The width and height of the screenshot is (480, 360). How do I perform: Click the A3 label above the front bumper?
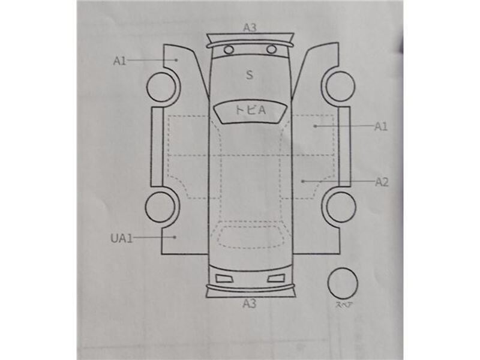coord(250,28)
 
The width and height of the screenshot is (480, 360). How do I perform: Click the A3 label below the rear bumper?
coord(249,304)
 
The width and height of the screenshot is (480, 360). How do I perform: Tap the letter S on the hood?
coord(250,75)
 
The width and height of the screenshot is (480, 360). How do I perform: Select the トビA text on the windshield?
coord(250,110)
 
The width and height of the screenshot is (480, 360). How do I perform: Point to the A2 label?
coord(382,182)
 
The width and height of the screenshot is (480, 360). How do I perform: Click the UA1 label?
coord(122,238)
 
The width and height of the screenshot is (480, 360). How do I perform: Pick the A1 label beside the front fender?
coord(119,61)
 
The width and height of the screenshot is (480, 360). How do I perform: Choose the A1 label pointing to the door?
coord(381,126)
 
